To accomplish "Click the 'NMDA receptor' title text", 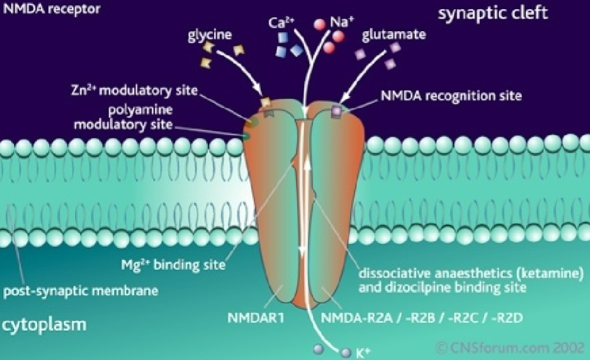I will (x=45, y=9).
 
